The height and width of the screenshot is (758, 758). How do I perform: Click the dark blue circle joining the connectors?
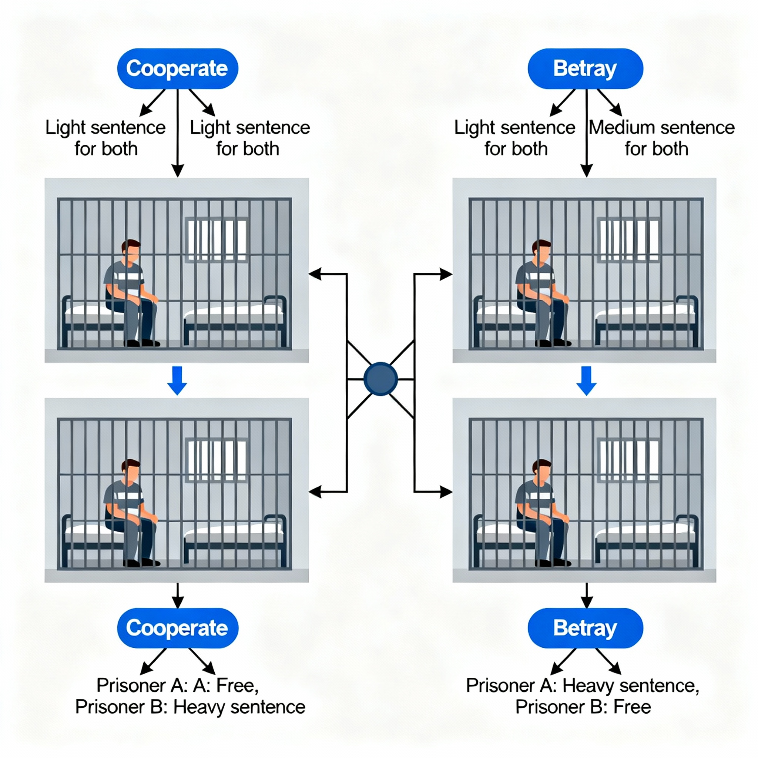tap(380, 379)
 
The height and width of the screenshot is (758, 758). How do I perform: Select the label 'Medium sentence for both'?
tap(661, 138)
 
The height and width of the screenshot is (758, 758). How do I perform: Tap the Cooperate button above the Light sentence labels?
tap(177, 69)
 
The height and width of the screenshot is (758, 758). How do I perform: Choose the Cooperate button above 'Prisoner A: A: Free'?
tap(177, 628)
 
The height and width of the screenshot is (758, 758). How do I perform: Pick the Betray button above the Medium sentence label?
tap(585, 69)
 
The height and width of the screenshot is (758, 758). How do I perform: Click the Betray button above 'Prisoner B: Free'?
tap(585, 628)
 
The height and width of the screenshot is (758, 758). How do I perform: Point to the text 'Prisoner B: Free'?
tap(583, 707)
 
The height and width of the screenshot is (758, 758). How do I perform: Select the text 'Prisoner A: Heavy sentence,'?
tap(583, 686)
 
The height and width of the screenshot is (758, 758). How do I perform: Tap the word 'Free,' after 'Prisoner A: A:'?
tap(238, 686)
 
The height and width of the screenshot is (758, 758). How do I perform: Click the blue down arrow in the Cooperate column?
tap(177, 380)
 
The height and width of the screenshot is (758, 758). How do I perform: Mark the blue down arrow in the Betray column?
tap(587, 380)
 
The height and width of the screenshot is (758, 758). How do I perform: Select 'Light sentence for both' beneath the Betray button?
tap(515, 138)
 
